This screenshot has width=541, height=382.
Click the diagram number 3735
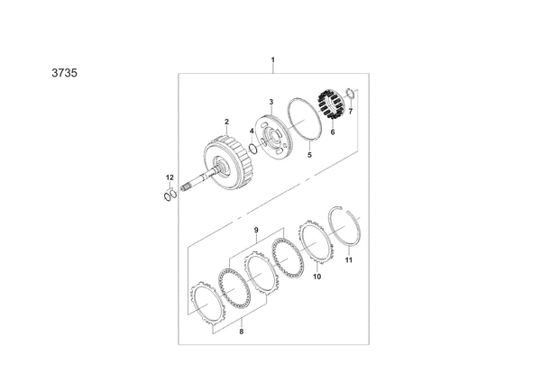pyautogui.click(x=65, y=73)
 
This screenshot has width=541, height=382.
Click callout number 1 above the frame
pyautogui.click(x=273, y=60)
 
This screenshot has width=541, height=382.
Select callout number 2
pyautogui.click(x=226, y=122)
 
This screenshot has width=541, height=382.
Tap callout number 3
pyautogui.click(x=271, y=102)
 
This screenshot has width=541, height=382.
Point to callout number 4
pyautogui.click(x=252, y=131)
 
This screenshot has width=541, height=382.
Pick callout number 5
pyautogui.click(x=309, y=155)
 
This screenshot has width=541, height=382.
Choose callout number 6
pyautogui.click(x=333, y=132)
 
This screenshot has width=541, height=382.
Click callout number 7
pyautogui.click(x=351, y=112)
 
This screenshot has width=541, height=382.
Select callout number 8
pyautogui.click(x=241, y=332)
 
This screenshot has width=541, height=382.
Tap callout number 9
pyautogui.click(x=256, y=230)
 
